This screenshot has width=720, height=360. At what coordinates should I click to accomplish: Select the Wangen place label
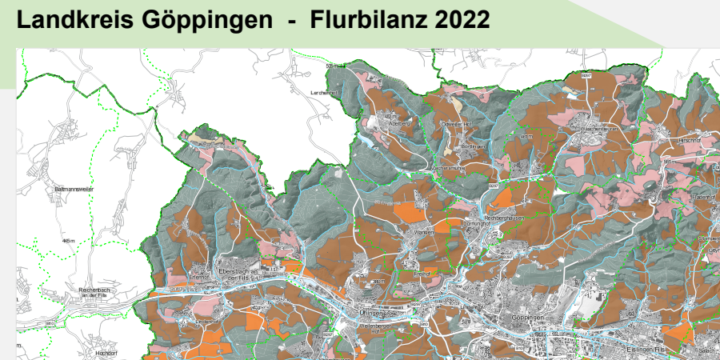pos(423,233)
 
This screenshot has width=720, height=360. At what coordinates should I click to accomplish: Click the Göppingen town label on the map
pos(528,318)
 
